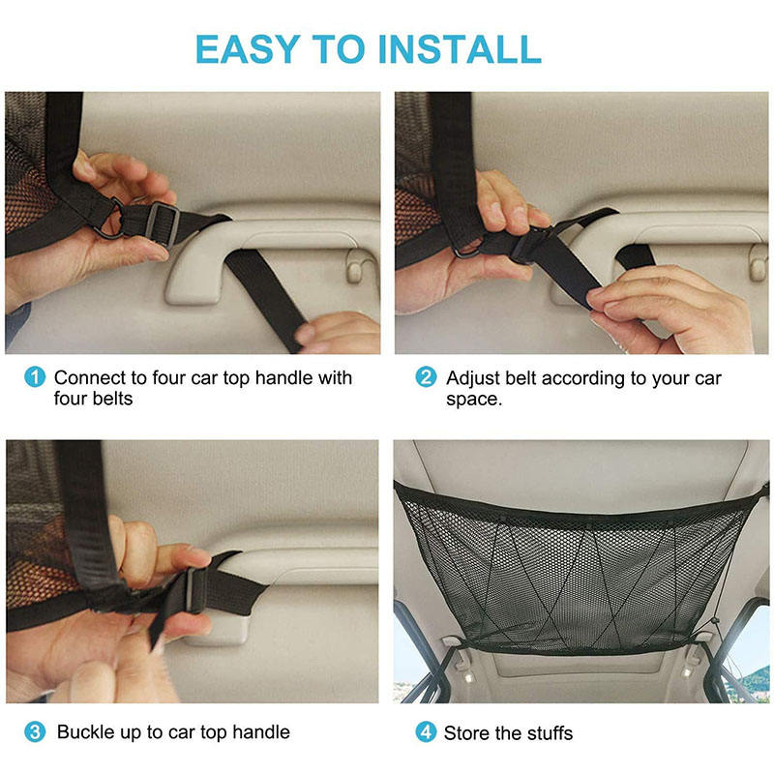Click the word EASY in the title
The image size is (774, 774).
coord(248,49)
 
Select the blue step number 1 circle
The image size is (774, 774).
coord(35,377)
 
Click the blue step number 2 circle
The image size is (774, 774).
coord(426,377)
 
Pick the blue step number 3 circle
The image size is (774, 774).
coord(35,732)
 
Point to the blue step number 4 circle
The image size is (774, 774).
coord(426,732)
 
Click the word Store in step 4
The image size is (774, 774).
coord(467,733)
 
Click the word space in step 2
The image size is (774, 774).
coord(474,400)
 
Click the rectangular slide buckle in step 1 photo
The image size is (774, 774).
coord(163,223)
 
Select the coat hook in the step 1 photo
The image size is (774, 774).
coord(355,267)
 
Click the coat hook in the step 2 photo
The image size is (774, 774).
coord(758,261)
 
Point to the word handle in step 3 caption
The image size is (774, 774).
coord(261,732)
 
